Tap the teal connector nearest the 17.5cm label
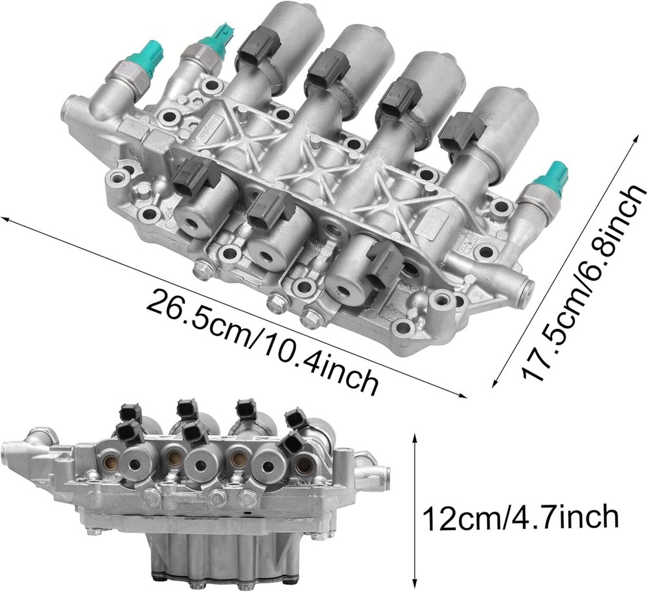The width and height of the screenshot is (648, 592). pos(550,176)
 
